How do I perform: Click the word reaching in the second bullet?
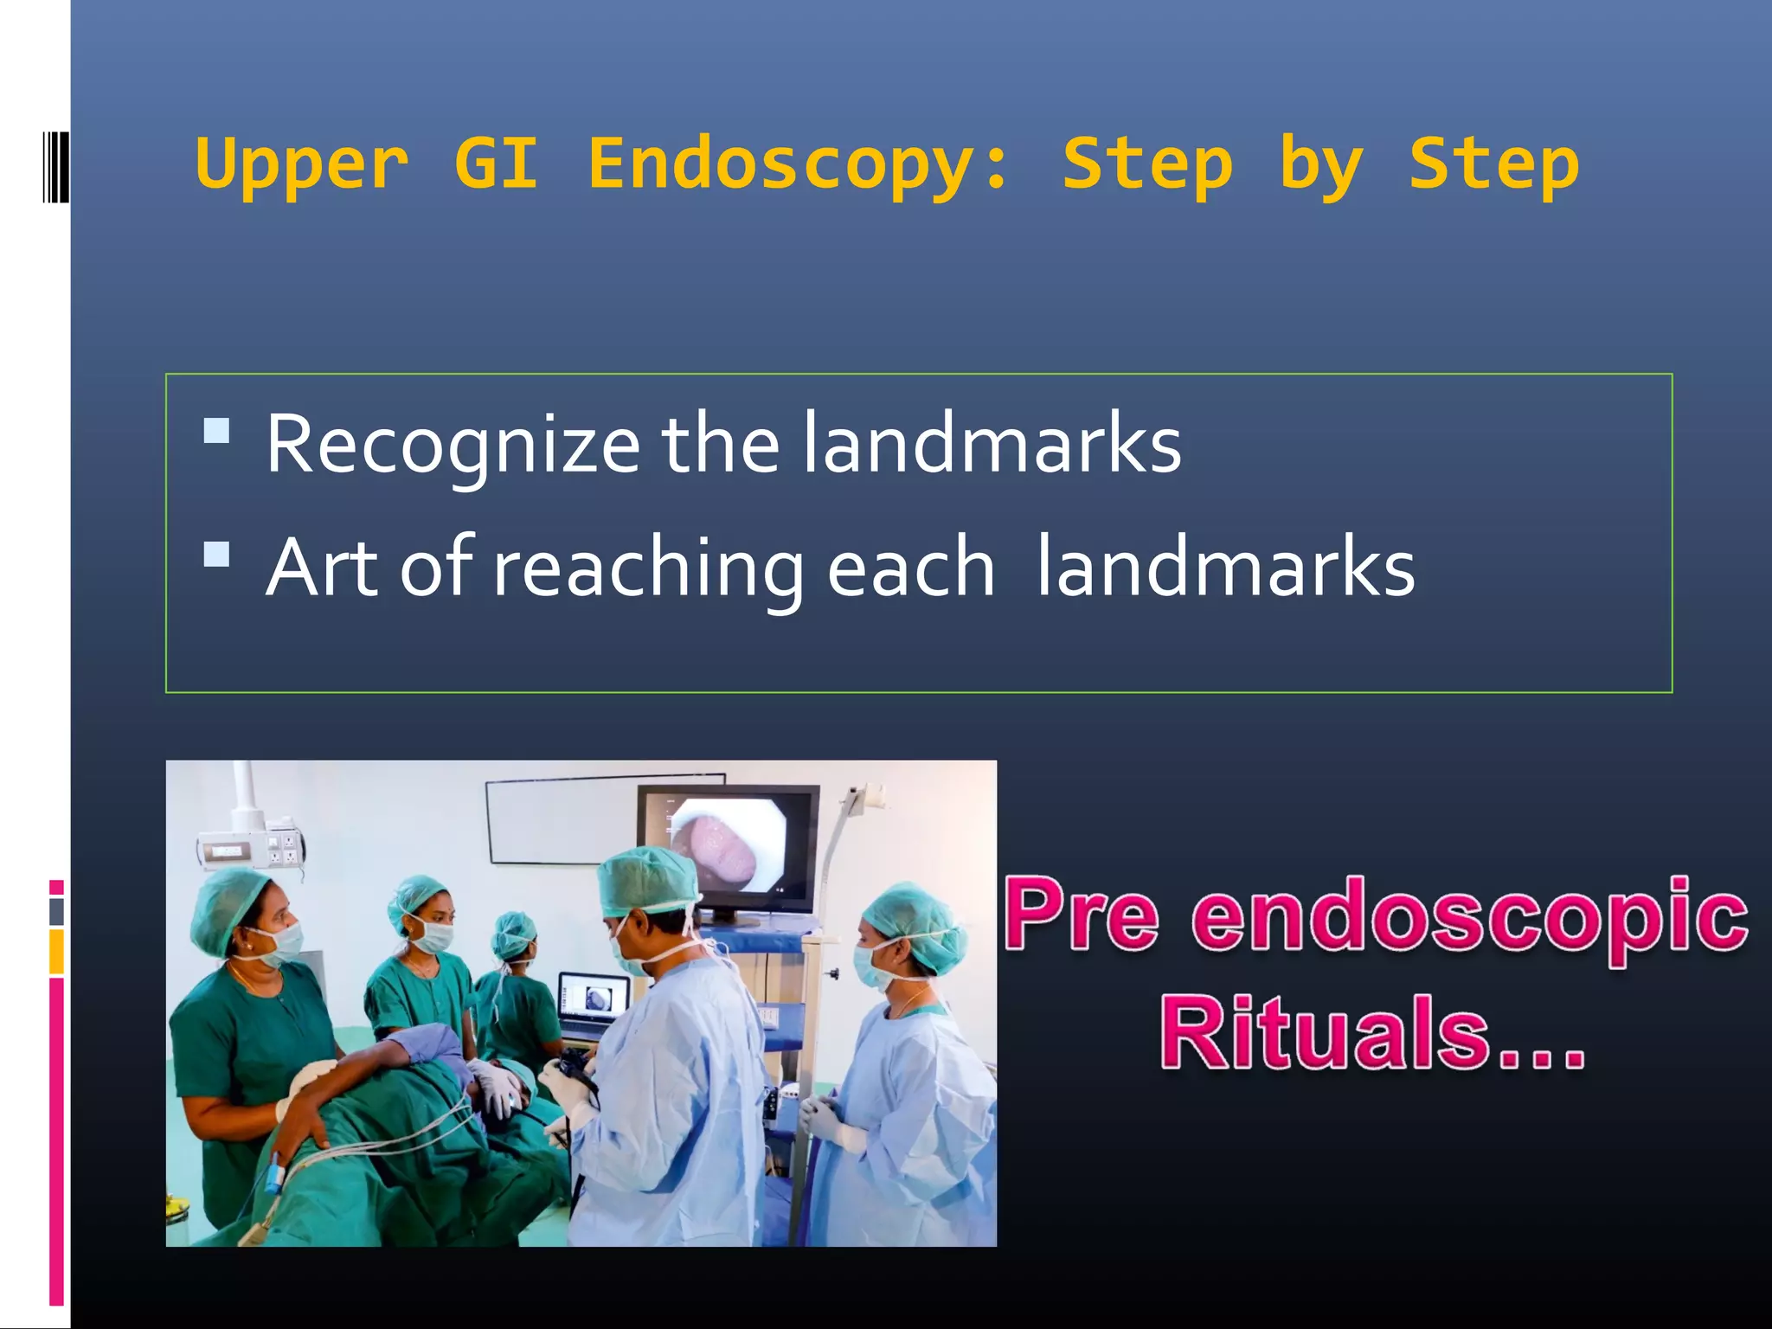(648, 568)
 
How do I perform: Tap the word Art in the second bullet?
(322, 568)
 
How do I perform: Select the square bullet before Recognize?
(216, 431)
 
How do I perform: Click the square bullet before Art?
(216, 554)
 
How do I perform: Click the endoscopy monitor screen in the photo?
(728, 847)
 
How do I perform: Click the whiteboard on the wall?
(562, 818)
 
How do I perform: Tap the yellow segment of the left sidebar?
(56, 951)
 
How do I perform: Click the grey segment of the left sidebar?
(56, 911)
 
